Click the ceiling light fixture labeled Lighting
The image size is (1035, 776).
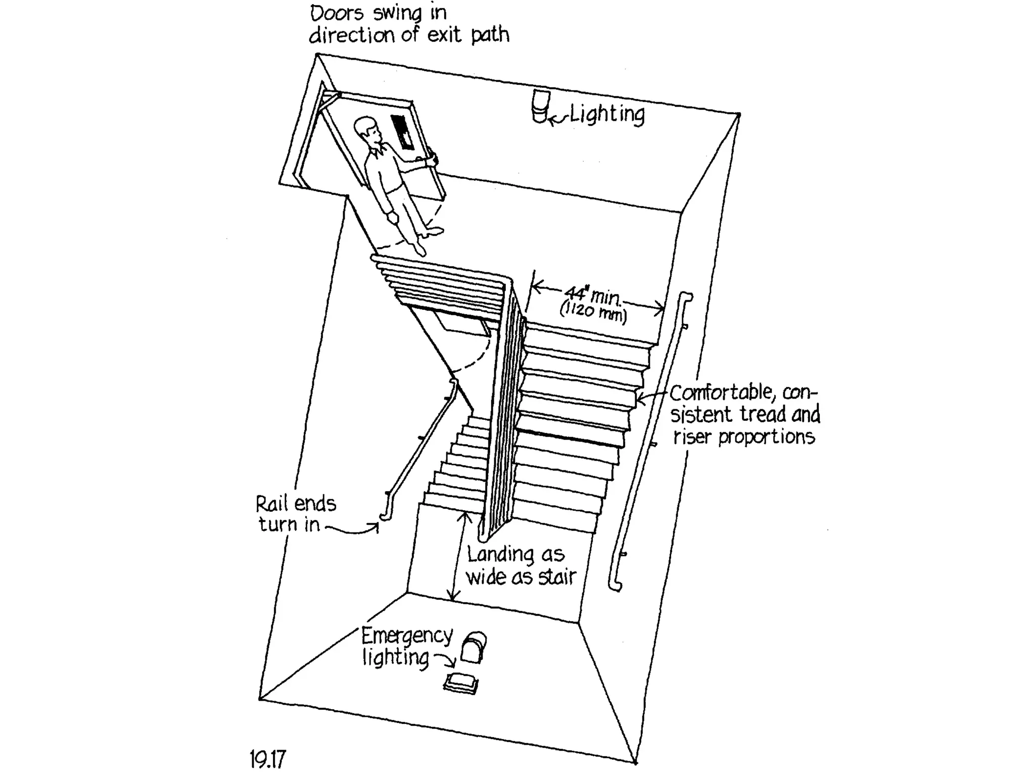coord(540,106)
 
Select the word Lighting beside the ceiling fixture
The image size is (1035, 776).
coord(607,115)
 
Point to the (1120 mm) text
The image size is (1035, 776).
coord(593,312)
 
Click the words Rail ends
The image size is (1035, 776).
coord(296,504)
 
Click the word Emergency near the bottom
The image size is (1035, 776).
coord(407,636)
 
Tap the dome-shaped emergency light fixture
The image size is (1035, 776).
coord(475,647)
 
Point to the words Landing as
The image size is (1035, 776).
coord(515,555)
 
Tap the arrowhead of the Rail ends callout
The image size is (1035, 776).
coord(376,526)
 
